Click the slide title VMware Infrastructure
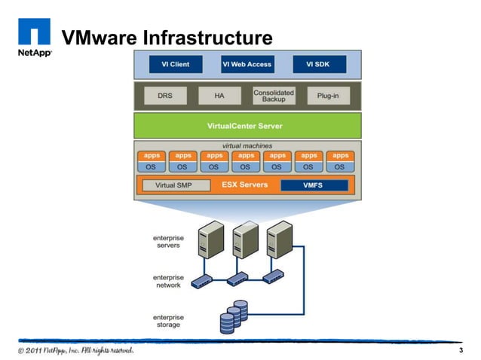coord(166,38)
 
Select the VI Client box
coord(175,65)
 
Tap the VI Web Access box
coord(247,65)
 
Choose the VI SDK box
coord(318,65)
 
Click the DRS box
coord(164,96)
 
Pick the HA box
coord(219,96)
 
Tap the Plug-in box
coord(327,96)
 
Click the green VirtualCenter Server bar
coord(247,126)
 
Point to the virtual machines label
coord(247,145)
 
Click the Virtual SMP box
coord(175,185)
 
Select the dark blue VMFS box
coord(314,185)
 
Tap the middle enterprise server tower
coord(245,240)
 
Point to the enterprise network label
coord(168,282)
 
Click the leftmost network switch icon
coord(202,281)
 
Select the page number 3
coord(460,352)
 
